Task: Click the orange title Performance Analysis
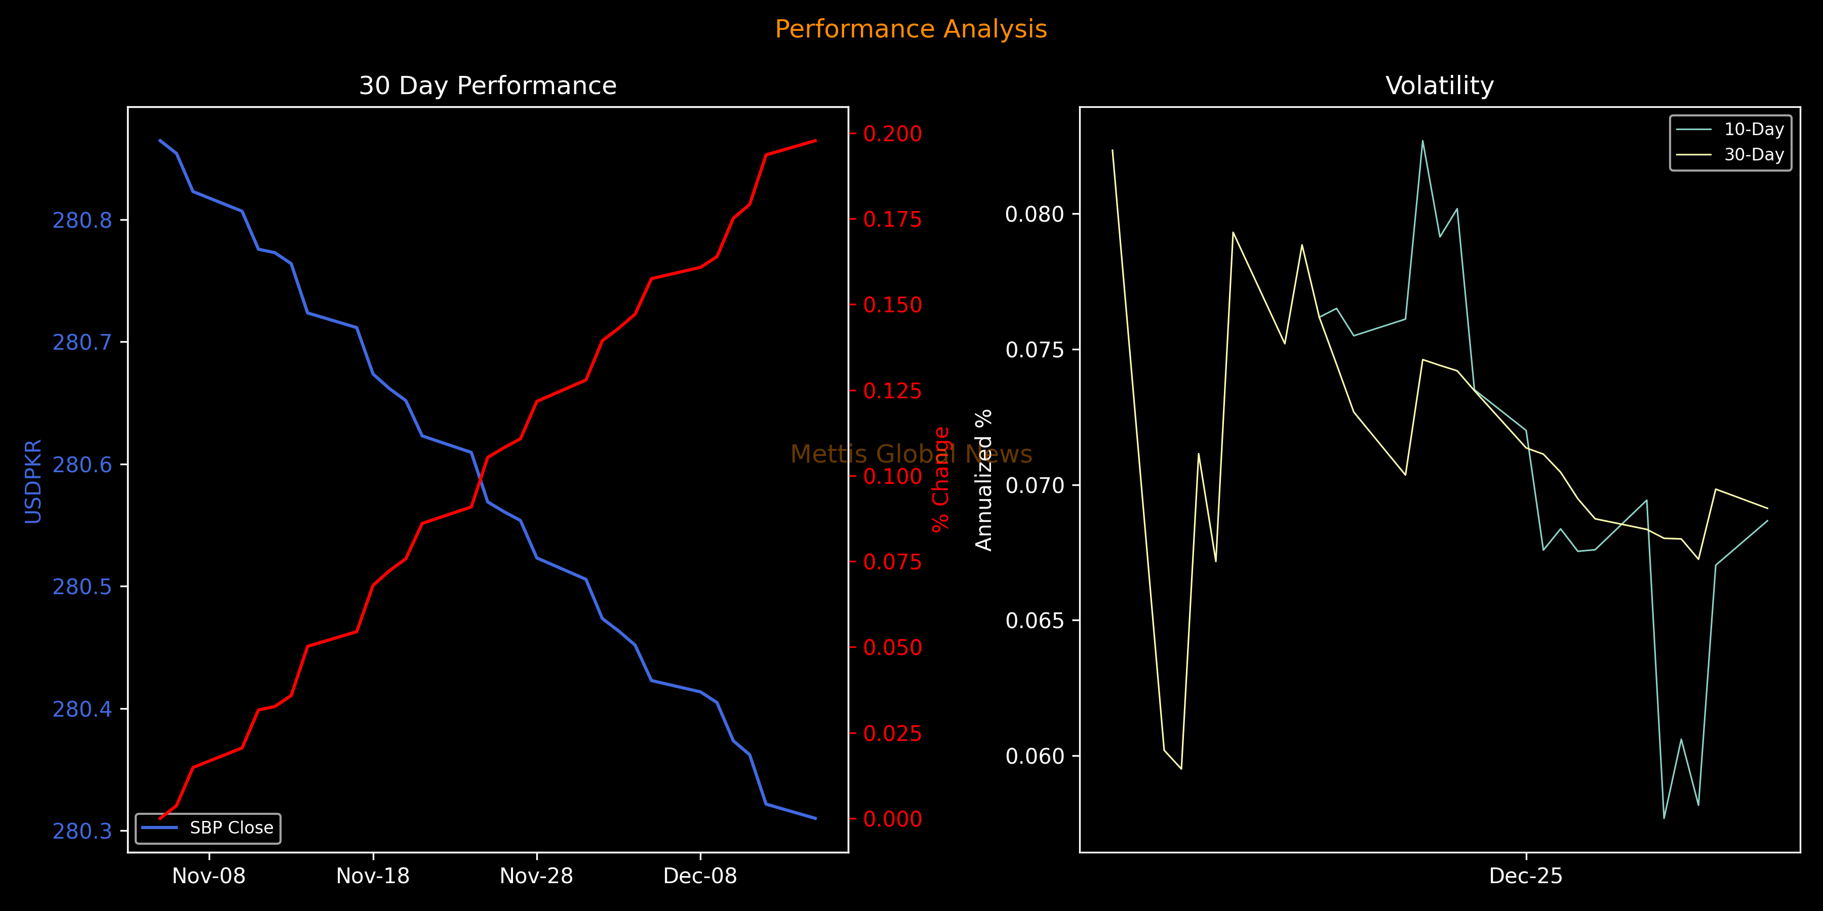point(911,29)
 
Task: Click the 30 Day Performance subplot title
point(488,86)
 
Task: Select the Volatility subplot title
point(1440,86)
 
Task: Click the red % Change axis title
point(940,479)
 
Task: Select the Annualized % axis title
point(984,480)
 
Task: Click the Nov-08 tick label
point(209,877)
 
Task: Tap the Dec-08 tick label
point(700,877)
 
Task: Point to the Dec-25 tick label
point(1526,877)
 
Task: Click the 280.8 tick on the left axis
point(82,221)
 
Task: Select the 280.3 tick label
point(82,831)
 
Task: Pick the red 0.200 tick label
point(892,134)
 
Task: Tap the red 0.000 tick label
point(892,819)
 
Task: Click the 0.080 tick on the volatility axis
point(1035,214)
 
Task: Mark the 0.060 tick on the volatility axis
point(1035,756)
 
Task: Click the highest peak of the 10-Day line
point(1422,140)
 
